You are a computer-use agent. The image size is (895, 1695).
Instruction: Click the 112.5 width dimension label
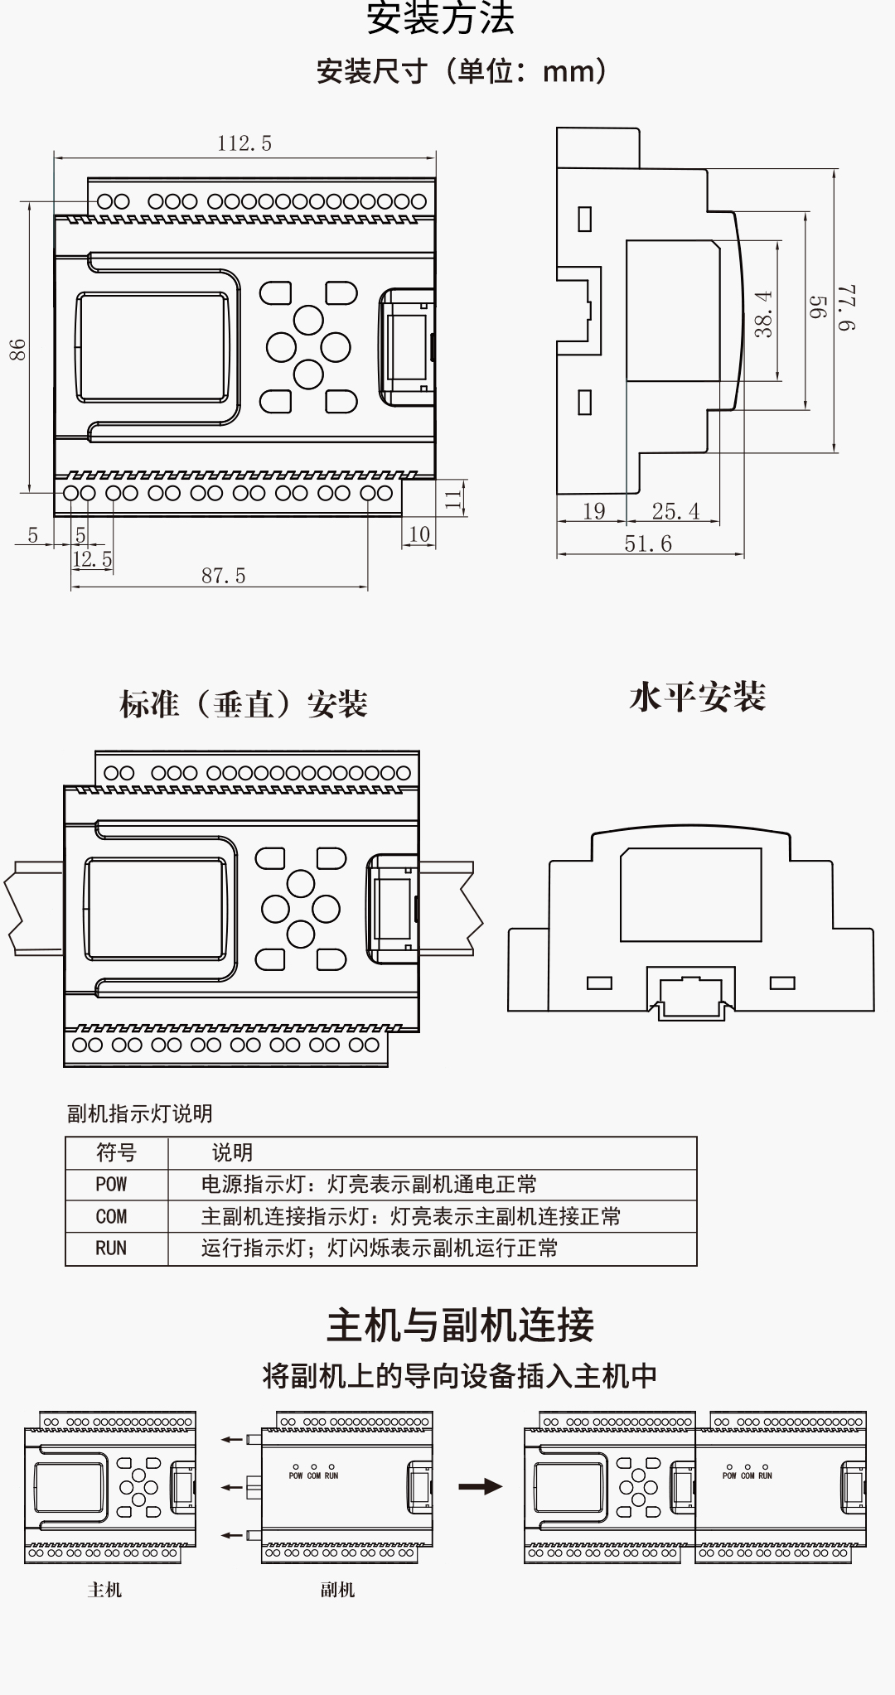click(x=244, y=144)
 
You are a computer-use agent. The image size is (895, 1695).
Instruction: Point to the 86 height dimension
click(x=18, y=350)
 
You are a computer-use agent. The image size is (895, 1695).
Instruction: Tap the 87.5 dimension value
click(x=224, y=576)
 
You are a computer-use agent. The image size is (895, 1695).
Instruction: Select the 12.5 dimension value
click(x=92, y=560)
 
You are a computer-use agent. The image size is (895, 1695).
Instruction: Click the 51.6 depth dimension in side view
click(x=648, y=544)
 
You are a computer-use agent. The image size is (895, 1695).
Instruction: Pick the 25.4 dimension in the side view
click(x=675, y=512)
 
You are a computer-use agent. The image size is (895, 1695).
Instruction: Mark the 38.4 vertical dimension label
click(x=764, y=314)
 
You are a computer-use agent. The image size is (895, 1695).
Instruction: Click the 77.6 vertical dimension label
click(x=847, y=308)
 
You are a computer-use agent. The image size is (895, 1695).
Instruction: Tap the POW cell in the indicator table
click(x=111, y=1185)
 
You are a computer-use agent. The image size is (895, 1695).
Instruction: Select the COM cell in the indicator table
click(x=111, y=1217)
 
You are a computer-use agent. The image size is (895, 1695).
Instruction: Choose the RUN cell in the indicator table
click(x=111, y=1248)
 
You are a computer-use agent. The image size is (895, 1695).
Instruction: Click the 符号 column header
click(x=116, y=1152)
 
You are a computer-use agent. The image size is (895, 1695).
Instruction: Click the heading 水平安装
click(x=697, y=698)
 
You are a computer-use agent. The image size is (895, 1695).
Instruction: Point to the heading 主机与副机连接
click(x=460, y=1325)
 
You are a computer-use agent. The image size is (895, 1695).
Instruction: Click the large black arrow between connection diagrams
click(x=481, y=1486)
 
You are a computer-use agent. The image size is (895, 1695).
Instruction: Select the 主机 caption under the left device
click(x=104, y=1590)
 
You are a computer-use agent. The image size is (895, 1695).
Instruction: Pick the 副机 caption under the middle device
click(x=337, y=1590)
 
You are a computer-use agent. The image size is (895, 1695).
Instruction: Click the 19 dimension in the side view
click(x=593, y=512)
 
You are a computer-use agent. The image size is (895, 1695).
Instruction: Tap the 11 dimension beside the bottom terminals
click(x=453, y=498)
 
